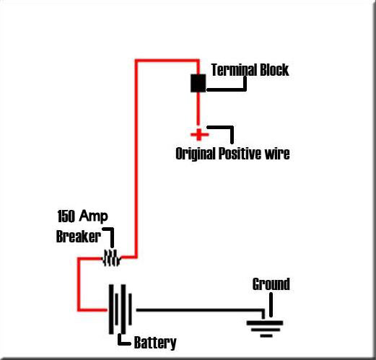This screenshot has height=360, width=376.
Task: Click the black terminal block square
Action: [198, 83]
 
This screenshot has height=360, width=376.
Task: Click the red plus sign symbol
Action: [199, 135]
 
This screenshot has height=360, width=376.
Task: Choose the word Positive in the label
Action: [240, 154]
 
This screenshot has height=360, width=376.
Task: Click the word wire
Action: [277, 154]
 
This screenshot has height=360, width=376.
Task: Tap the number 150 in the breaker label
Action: [66, 216]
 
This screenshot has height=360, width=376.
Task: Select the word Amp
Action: [94, 216]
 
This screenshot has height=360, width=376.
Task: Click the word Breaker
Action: [79, 237]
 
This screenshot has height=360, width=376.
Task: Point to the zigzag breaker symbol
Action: [112, 258]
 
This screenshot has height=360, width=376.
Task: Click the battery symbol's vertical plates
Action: [121, 309]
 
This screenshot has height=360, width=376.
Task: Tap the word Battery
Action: [155, 343]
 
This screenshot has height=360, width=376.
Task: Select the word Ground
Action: [271, 284]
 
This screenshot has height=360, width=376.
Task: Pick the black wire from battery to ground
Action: [200, 310]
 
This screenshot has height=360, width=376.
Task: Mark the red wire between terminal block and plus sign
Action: [198, 109]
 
